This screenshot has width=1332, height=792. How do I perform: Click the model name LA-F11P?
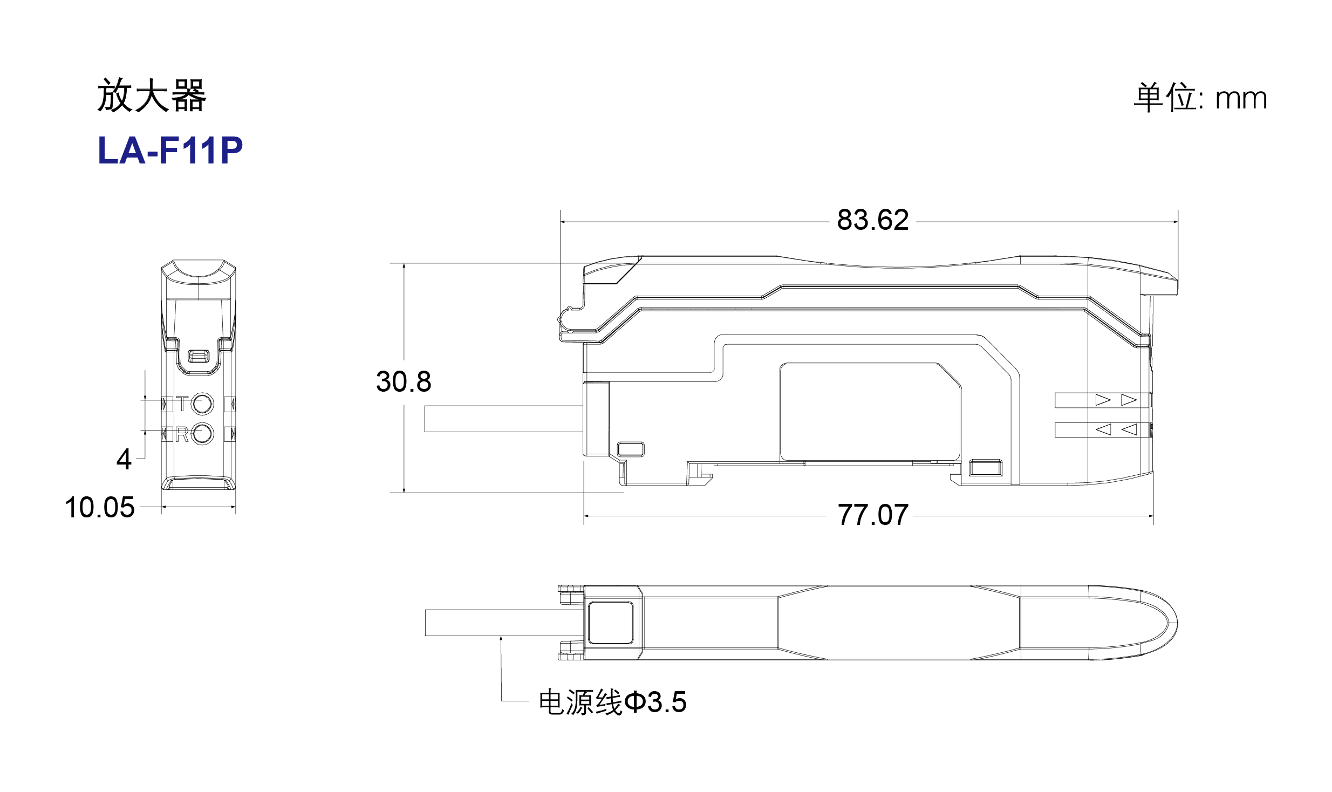click(x=170, y=150)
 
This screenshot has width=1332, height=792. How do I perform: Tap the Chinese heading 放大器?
click(x=152, y=95)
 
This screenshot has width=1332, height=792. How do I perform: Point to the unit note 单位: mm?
click(x=1200, y=98)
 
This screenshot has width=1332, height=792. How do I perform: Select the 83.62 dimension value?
click(x=873, y=220)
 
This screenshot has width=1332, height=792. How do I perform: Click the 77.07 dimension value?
click(x=873, y=515)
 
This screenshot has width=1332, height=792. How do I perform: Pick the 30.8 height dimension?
click(x=404, y=381)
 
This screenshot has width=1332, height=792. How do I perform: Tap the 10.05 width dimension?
click(x=100, y=508)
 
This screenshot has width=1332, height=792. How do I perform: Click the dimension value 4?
click(x=124, y=459)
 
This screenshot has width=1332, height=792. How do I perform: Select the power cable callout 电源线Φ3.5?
click(x=613, y=702)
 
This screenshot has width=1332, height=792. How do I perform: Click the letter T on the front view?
click(x=182, y=403)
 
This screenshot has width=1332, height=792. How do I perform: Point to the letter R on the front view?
click(x=182, y=434)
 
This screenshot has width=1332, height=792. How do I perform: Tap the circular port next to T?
click(x=202, y=404)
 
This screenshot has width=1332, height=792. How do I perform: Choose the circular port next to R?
click(x=202, y=434)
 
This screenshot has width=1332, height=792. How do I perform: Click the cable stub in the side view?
click(x=504, y=419)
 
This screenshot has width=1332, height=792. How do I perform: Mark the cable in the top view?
click(x=504, y=623)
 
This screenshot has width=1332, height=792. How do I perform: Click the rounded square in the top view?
click(x=611, y=623)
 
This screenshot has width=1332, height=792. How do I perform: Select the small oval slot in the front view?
click(x=198, y=356)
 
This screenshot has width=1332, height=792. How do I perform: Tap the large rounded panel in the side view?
click(x=870, y=412)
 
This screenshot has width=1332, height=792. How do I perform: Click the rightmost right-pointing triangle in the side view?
click(x=1129, y=400)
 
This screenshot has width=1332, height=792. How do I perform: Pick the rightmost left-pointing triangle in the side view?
click(x=1129, y=429)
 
